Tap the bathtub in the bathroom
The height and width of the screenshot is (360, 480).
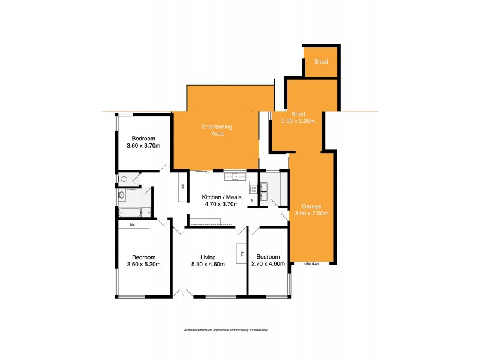pyautogui.click(x=130, y=212)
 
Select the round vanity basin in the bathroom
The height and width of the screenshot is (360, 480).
pyautogui.click(x=122, y=195)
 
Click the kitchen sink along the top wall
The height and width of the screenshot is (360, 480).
pyautogui.click(x=232, y=176)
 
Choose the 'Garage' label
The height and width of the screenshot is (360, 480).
pyautogui.click(x=311, y=206)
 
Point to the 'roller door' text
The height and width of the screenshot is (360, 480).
pyautogui.click(x=311, y=263)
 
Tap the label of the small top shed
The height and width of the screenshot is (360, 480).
pyautogui.click(x=322, y=61)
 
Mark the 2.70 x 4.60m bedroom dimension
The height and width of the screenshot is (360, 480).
pyautogui.click(x=268, y=264)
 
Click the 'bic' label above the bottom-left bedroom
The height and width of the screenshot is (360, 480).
pyautogui.click(x=130, y=224)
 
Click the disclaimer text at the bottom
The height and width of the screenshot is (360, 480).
pyautogui.click(x=225, y=331)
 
